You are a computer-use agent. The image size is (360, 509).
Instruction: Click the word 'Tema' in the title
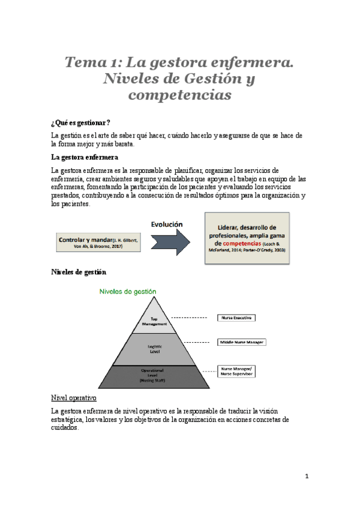click(85, 62)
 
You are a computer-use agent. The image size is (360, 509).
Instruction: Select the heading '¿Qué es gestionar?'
click(80, 123)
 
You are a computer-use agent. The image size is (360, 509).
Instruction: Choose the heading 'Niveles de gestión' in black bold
click(79, 272)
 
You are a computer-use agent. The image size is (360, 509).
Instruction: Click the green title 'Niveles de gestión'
click(127, 291)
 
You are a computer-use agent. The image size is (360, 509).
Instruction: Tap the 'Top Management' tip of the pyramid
click(154, 321)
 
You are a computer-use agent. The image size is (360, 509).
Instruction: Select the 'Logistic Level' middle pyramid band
click(154, 348)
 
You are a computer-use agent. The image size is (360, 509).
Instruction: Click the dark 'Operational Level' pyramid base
click(154, 376)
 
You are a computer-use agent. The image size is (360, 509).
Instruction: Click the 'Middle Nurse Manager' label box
click(240, 342)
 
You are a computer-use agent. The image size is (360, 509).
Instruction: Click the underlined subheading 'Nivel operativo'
click(74, 399)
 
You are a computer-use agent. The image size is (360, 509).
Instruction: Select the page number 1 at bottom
click(307, 477)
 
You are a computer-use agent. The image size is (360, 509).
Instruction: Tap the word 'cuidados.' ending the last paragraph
click(65, 429)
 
